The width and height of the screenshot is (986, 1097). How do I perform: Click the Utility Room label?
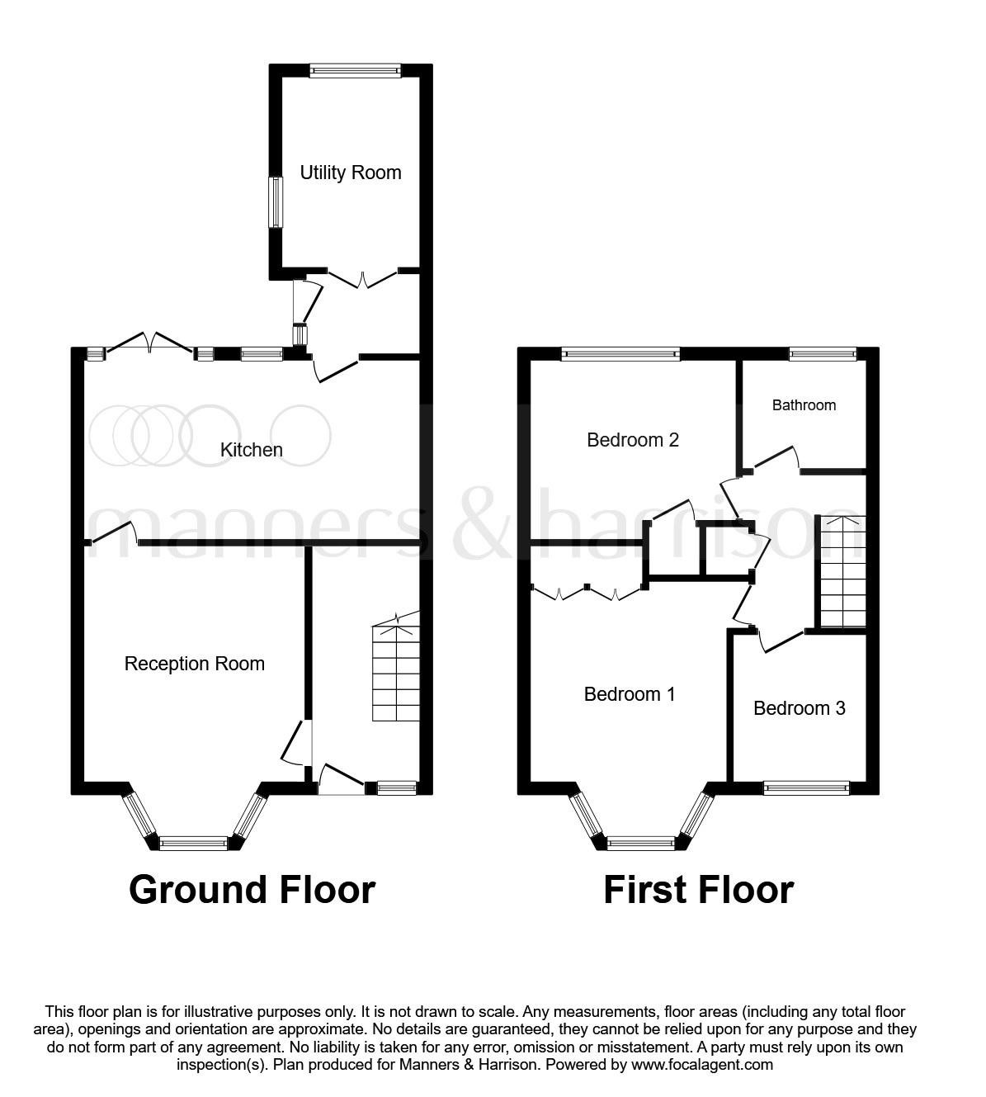[350, 173]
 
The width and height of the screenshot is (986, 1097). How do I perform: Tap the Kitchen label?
[252, 450]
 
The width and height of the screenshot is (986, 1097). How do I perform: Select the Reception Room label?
[195, 664]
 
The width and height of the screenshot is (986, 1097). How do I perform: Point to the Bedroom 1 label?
[630, 694]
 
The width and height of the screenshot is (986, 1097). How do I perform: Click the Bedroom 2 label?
[633, 440]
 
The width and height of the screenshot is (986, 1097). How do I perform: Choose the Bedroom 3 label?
[799, 708]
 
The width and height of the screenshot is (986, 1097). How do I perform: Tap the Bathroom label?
[804, 405]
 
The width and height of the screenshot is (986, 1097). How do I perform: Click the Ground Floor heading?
[252, 890]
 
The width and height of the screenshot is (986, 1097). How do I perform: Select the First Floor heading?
[698, 890]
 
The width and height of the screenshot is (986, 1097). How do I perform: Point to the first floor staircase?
[842, 572]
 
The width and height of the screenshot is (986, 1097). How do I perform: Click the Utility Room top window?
[356, 71]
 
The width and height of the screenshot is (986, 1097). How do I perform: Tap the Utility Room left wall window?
[276, 201]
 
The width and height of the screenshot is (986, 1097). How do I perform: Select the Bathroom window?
[823, 354]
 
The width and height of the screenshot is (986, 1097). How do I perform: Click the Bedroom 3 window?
[806, 788]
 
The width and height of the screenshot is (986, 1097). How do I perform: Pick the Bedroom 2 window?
[620, 354]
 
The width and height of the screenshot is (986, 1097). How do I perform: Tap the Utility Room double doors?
[362, 279]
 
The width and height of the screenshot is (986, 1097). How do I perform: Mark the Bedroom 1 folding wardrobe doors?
[587, 591]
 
